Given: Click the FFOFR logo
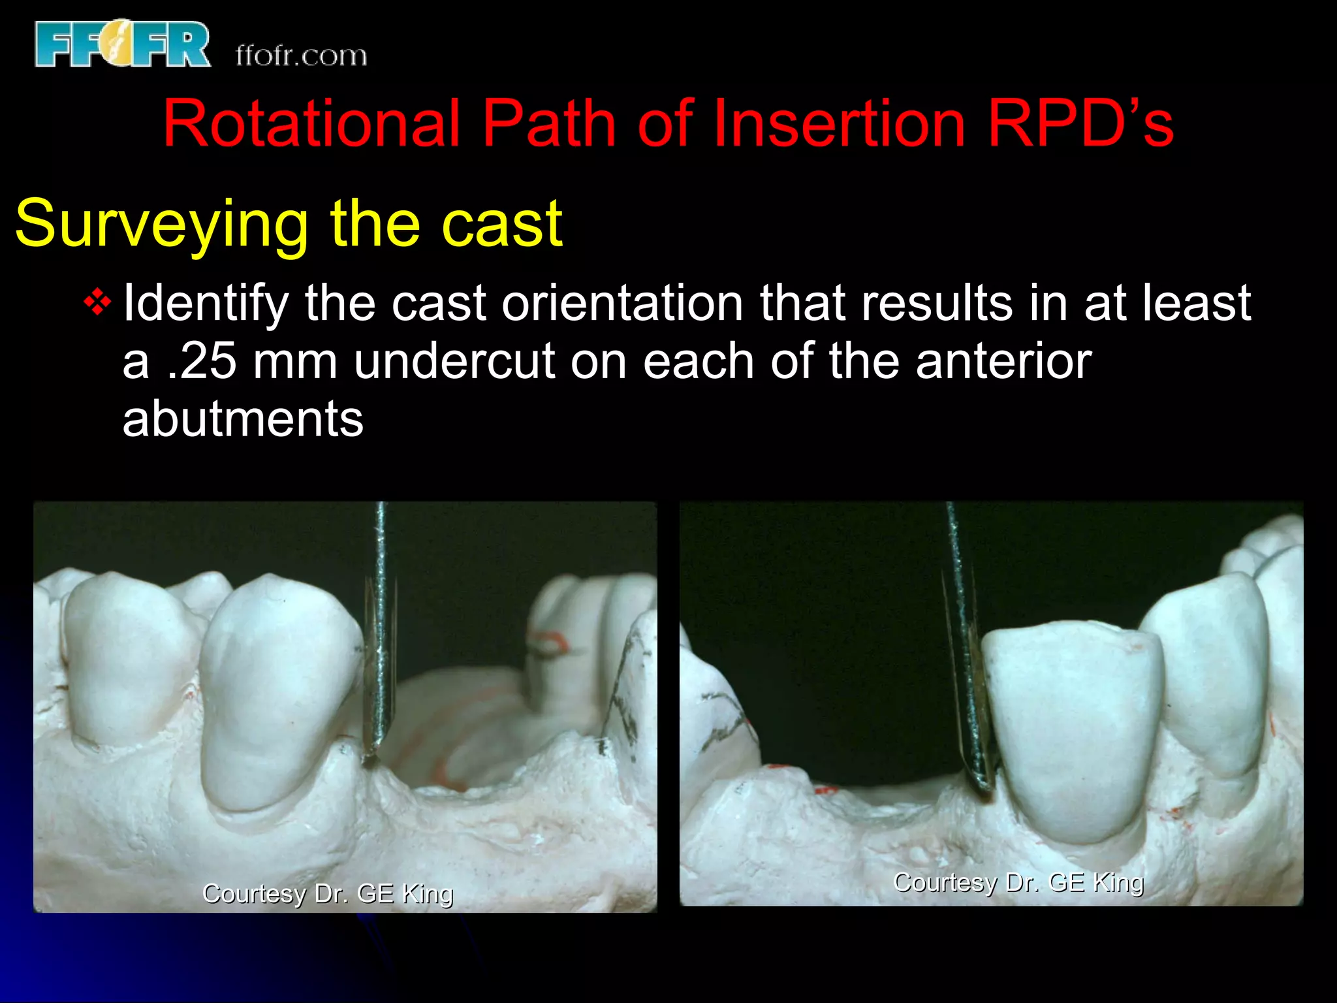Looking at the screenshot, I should [123, 44].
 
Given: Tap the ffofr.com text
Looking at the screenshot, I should [301, 56].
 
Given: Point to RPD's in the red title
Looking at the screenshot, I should [1080, 123].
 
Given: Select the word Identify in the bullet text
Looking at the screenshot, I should [206, 303].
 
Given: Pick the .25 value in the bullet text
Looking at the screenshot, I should [202, 361].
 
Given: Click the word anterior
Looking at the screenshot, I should [1003, 361].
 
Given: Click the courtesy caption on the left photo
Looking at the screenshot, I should [328, 893].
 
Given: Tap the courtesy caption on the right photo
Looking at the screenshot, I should [1018, 882].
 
